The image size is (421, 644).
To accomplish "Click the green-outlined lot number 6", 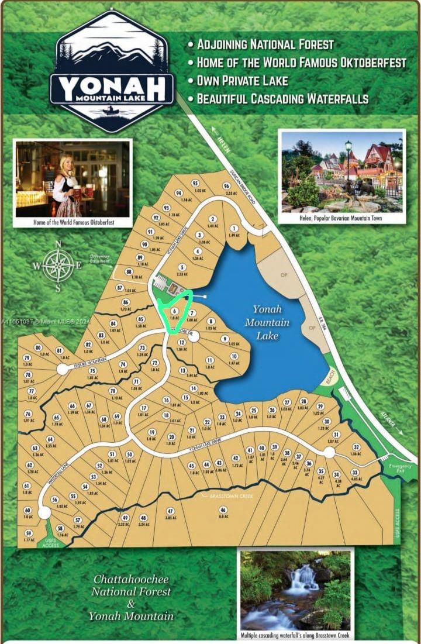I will pyautogui.click(x=174, y=311).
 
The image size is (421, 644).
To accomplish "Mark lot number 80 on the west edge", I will pyautogui.click(x=39, y=347).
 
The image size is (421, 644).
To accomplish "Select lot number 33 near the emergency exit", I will pyautogui.click(x=354, y=472).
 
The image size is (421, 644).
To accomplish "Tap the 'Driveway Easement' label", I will pyautogui.click(x=99, y=258).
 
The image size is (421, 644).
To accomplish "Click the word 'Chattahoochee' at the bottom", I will pyautogui.click(x=131, y=580).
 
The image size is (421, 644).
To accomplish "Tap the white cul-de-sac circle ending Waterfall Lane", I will pyautogui.click(x=44, y=513).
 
